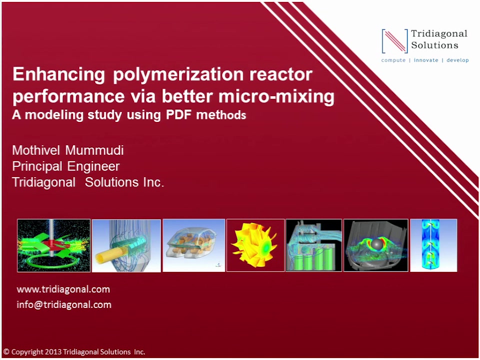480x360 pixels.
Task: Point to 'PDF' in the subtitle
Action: click(x=179, y=115)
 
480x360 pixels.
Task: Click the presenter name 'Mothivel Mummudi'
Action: click(x=68, y=150)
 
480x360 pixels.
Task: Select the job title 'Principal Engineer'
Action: click(x=66, y=166)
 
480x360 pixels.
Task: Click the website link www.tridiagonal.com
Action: click(x=63, y=289)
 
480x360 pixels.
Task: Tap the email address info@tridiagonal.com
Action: click(x=64, y=305)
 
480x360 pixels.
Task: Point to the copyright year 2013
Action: click(x=53, y=352)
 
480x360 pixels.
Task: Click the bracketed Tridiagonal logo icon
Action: click(x=394, y=41)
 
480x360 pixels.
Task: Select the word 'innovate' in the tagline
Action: click(x=426, y=60)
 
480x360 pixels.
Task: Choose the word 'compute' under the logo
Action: click(x=393, y=60)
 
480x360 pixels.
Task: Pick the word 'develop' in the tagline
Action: click(x=457, y=60)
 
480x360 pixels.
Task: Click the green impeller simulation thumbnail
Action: click(x=54, y=245)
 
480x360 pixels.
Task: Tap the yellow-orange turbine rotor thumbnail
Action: click(x=255, y=245)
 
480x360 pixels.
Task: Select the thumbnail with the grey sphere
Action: click(x=376, y=245)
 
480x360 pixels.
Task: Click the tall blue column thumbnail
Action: click(x=433, y=245)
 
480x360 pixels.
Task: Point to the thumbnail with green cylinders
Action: click(x=314, y=245)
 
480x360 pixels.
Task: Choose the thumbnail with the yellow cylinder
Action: click(x=126, y=245)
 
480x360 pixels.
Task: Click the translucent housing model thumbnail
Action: click(x=194, y=245)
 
